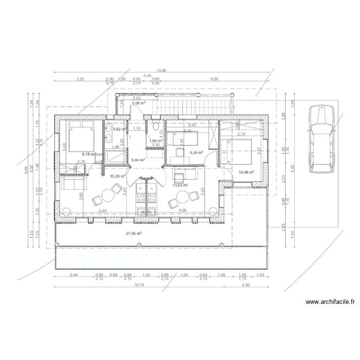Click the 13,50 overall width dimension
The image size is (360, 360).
162,71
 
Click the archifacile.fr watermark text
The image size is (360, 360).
330,302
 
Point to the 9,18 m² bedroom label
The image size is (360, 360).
89,154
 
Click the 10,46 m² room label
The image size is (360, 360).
246,172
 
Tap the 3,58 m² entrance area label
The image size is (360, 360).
139,103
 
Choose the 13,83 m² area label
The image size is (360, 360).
180,185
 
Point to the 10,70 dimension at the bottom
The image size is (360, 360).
139,285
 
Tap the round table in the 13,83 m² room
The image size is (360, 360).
182,197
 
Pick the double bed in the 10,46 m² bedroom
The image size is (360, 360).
239,153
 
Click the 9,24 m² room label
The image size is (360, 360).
196,153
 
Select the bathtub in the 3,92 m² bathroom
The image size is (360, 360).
116,156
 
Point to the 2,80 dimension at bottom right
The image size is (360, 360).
246,285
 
